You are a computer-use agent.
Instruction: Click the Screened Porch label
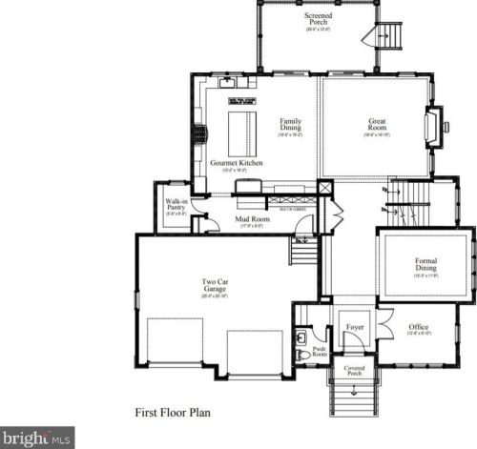(x=318, y=18)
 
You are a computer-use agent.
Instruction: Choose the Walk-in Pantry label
(x=176, y=205)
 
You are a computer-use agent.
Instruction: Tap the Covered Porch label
(x=355, y=370)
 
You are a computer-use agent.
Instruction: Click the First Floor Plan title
(x=173, y=414)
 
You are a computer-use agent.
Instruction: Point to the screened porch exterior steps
(x=387, y=38)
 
